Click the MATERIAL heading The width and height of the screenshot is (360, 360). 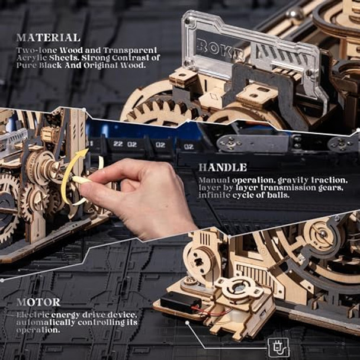coord(49,38)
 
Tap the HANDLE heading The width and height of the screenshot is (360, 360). coord(223,168)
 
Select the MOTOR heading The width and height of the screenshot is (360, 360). coord(38,302)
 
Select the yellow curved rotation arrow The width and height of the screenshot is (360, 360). coord(71,175)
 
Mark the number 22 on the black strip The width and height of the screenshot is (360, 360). coord(118,144)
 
